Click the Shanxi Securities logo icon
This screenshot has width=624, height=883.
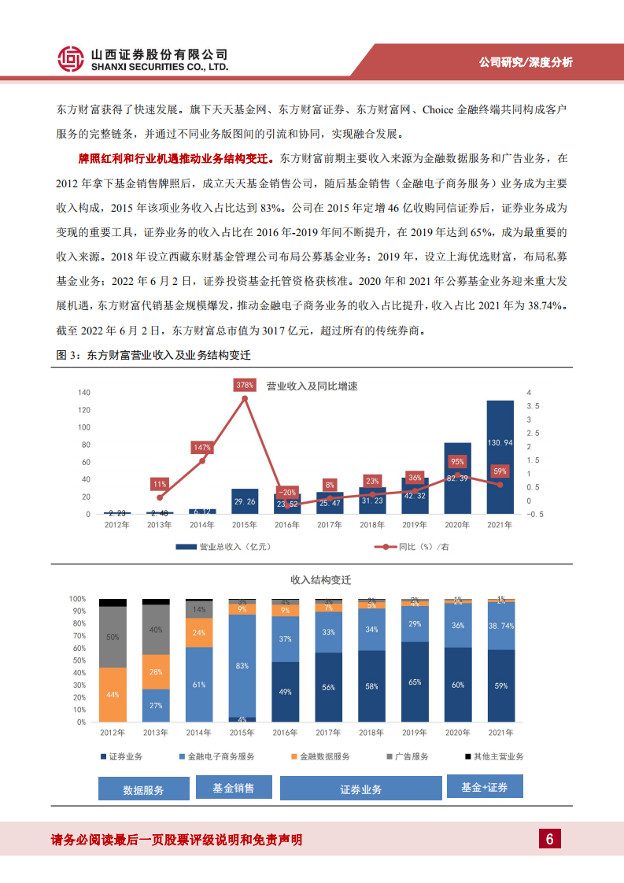(x=71, y=59)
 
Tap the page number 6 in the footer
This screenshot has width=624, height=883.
(x=550, y=839)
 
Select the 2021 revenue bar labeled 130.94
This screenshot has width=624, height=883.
(x=500, y=456)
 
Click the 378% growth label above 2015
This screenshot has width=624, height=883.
(x=245, y=385)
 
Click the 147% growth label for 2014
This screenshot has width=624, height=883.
(x=202, y=448)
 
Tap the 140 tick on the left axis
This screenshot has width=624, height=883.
(x=84, y=393)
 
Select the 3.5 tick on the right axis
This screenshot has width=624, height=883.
(x=533, y=406)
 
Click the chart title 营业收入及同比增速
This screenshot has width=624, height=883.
(x=312, y=386)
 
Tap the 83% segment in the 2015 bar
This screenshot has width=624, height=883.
(x=242, y=666)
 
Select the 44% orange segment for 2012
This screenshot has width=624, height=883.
(x=113, y=695)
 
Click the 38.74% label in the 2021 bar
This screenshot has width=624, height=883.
(x=500, y=626)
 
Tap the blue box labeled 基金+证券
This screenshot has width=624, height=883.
(x=484, y=787)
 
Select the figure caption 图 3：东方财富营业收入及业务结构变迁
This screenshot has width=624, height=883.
(x=153, y=355)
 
